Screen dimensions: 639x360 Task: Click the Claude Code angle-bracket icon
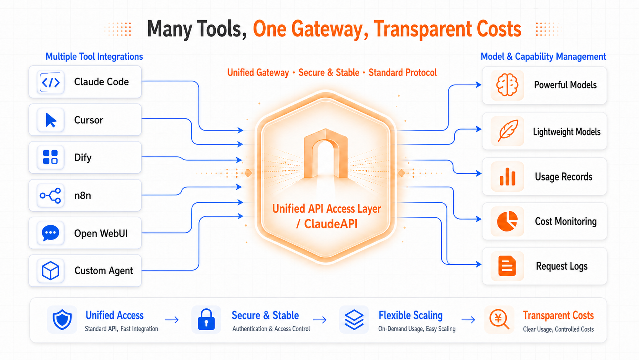51,83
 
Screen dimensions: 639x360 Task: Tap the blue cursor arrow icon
51,120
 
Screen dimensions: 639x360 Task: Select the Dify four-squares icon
50,157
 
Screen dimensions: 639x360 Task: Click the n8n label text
83,195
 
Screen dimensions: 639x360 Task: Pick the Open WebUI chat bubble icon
50,233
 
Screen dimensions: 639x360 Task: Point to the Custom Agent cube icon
50,270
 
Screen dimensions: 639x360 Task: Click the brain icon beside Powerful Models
507,85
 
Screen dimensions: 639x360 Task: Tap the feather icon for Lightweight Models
508,130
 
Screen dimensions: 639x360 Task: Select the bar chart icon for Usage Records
507,176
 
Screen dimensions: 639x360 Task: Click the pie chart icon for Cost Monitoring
507,221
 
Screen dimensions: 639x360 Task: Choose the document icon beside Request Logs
507,266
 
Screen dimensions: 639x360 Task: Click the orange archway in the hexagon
325,154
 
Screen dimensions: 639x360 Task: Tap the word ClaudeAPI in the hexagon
331,224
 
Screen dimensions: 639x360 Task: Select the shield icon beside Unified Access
62,319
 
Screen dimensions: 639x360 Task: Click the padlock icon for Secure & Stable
206,319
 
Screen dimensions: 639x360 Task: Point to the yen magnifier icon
499,319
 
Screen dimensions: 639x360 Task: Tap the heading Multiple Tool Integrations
94,57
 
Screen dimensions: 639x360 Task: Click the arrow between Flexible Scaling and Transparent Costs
468,320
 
